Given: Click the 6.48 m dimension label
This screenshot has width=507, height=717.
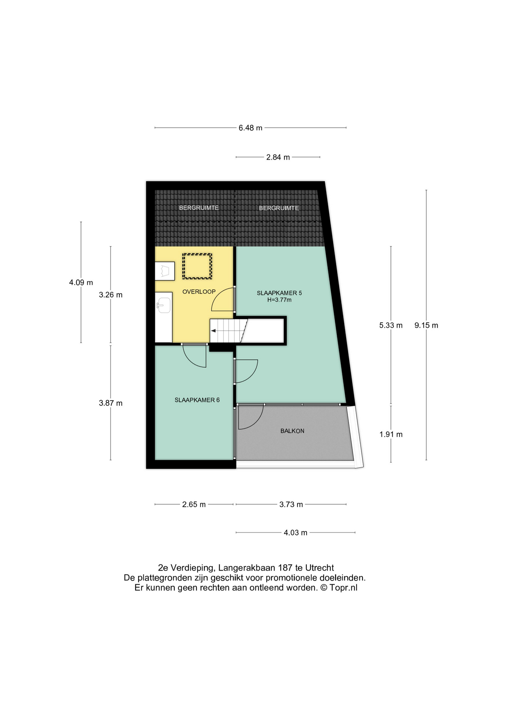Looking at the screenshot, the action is pyautogui.click(x=251, y=128).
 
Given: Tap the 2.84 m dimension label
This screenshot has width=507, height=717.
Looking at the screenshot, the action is pyautogui.click(x=278, y=157).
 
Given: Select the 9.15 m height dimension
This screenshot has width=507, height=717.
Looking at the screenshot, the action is pyautogui.click(x=426, y=325).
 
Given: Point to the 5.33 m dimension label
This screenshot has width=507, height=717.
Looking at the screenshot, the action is pyautogui.click(x=391, y=325).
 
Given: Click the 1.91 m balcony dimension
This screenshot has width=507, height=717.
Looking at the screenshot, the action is pyautogui.click(x=391, y=434).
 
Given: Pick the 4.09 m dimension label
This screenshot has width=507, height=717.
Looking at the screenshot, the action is pyautogui.click(x=81, y=283).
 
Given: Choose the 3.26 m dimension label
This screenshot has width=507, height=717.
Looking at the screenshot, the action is pyautogui.click(x=111, y=295).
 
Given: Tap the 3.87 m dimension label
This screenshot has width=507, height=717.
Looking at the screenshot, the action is pyautogui.click(x=111, y=403).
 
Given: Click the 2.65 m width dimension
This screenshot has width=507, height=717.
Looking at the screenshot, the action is pyautogui.click(x=194, y=505).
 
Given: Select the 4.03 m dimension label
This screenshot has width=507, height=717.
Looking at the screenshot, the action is pyautogui.click(x=295, y=533).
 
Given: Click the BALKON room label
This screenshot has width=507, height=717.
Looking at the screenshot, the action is pyautogui.click(x=292, y=431).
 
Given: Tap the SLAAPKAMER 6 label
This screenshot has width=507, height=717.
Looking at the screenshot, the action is pyautogui.click(x=197, y=400).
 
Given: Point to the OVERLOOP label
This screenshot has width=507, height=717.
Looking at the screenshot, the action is pyautogui.click(x=199, y=292).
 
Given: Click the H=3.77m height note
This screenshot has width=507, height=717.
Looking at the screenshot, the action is pyautogui.click(x=279, y=300).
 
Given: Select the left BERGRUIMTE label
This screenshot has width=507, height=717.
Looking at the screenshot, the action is pyautogui.click(x=199, y=208).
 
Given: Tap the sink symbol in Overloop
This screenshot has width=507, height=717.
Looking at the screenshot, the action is pyautogui.click(x=164, y=305).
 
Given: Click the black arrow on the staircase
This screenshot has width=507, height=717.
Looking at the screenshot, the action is pyautogui.click(x=214, y=331).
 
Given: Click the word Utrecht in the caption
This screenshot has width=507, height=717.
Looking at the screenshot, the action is pyautogui.click(x=320, y=568).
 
